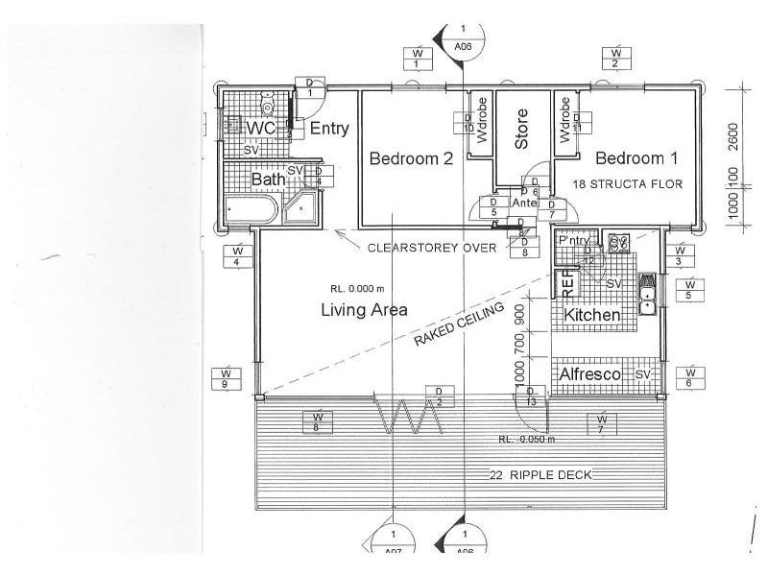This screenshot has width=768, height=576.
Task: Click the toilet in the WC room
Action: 269,104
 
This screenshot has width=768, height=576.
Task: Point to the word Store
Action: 522,129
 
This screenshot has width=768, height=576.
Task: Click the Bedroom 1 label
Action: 635,158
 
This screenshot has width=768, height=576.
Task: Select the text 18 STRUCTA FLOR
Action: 629,182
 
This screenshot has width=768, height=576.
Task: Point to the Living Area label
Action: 364,309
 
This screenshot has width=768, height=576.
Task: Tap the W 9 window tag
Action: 226,377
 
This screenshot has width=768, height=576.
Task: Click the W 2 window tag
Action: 616,58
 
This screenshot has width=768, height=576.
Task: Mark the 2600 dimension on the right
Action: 732,138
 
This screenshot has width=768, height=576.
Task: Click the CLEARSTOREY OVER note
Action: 432,247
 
